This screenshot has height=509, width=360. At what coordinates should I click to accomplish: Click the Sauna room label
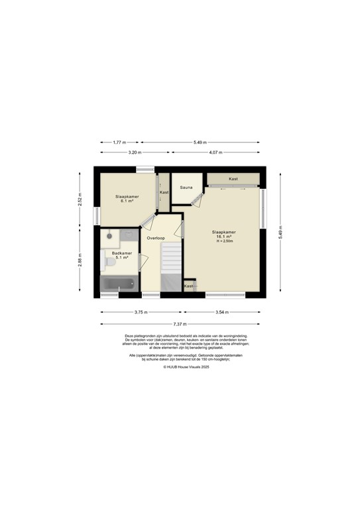[186, 188]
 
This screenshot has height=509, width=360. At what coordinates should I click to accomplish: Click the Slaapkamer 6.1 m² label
[127, 198]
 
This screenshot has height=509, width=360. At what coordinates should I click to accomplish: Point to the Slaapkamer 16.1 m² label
[223, 235]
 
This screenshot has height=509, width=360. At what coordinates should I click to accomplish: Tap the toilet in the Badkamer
[110, 264]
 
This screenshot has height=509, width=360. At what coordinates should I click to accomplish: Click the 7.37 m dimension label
[179, 324]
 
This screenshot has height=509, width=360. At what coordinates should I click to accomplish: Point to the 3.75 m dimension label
[141, 311]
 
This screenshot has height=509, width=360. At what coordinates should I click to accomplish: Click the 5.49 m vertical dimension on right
[280, 233]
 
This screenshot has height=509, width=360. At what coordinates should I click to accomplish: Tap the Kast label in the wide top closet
[233, 179]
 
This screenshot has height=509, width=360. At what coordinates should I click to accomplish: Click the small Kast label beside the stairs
[188, 286]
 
